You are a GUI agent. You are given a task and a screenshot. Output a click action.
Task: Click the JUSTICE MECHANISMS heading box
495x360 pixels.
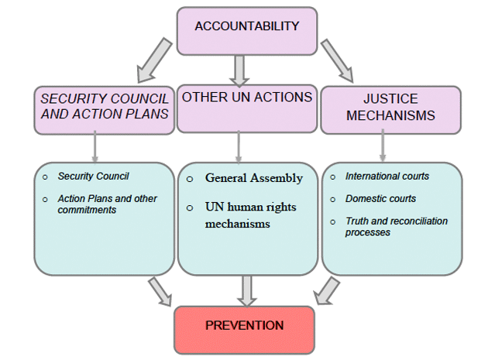coord(390,109)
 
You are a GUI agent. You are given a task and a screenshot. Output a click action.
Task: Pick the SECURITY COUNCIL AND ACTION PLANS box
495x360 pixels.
coord(104,109)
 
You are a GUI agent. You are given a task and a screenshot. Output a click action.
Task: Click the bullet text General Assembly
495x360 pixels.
coord(253,178)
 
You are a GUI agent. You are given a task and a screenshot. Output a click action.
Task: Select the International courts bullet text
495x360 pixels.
coord(387,177)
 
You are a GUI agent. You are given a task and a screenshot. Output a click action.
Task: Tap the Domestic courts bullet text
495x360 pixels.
coord(380,199)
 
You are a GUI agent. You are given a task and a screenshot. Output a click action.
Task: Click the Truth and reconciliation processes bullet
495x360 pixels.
coord(396,226)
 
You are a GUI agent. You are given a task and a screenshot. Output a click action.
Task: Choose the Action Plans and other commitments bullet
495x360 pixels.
coord(107,204)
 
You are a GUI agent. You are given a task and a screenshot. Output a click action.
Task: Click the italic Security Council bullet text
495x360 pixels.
coord(93,177)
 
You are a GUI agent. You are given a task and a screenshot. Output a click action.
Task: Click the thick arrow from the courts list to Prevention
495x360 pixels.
coord(326,292)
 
